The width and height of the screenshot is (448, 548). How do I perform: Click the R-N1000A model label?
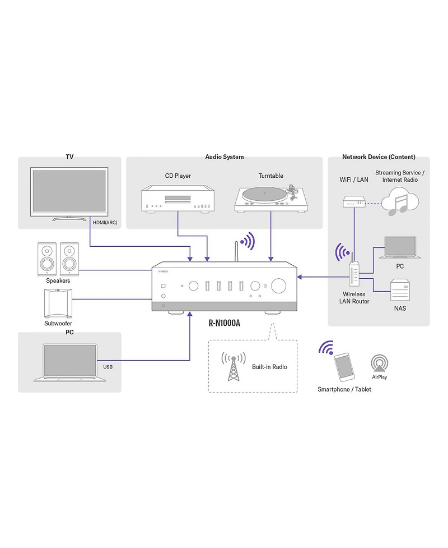223,323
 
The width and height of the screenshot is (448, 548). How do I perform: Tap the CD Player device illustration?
178,200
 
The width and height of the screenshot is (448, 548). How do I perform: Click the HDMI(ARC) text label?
104,223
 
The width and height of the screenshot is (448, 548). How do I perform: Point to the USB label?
108,367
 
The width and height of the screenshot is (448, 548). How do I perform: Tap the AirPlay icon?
379,363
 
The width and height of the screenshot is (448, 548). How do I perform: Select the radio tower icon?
232,367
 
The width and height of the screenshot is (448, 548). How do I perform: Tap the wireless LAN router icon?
353,274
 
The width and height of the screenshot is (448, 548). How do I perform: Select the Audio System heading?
225,157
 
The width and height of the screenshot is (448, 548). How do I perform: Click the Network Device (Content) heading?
379,157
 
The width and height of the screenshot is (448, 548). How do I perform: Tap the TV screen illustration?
69,190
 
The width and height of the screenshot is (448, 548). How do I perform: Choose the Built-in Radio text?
269,366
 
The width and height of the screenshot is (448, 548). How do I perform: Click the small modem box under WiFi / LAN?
353,201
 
